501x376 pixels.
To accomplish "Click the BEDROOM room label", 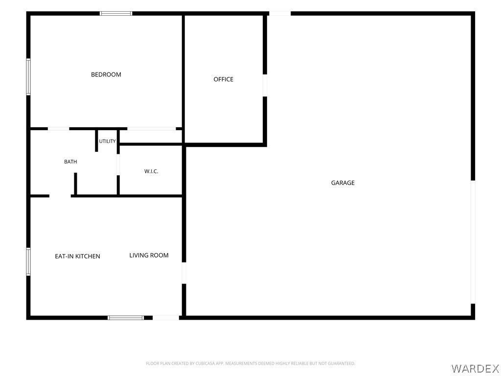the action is (106, 74).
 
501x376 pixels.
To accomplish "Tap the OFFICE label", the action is (223, 79).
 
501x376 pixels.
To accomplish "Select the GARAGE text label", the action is (343, 183).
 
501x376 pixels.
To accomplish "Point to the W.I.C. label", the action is (151, 171).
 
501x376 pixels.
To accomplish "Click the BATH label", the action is (70, 162).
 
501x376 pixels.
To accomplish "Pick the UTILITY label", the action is (107, 141).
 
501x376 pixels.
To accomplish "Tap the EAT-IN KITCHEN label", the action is (78, 257).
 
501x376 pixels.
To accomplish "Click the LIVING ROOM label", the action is (149, 256).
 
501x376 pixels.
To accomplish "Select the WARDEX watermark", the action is (475, 369).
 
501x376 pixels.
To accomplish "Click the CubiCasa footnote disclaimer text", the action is (250, 364).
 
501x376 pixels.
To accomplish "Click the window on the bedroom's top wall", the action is (116, 13).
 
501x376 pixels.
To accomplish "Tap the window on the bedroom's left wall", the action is (28, 77).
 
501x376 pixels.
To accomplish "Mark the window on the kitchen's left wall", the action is (28, 261).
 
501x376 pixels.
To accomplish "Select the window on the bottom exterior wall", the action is (126, 318).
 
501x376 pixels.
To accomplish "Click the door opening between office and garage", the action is (265, 85).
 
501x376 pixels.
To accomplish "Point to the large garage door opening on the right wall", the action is (473, 242).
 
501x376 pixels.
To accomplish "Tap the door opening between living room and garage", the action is (184, 273).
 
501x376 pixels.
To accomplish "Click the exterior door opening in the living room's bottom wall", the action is (166, 318).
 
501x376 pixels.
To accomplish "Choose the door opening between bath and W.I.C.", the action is (118, 164).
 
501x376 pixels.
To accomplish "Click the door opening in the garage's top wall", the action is (280, 13).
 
